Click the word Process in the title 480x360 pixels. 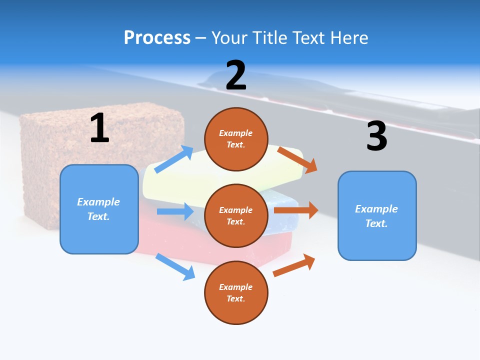click(x=157, y=37)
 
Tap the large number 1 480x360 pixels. click(x=99, y=128)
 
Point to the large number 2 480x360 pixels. click(x=236, y=75)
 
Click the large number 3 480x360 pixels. click(x=376, y=136)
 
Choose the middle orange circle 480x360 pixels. click(x=236, y=215)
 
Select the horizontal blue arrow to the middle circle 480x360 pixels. click(x=175, y=211)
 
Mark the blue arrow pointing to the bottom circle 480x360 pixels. click(x=175, y=266)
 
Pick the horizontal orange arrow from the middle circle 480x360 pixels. click(x=296, y=210)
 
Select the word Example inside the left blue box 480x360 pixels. click(x=98, y=202)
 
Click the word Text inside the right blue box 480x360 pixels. click(x=376, y=223)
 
